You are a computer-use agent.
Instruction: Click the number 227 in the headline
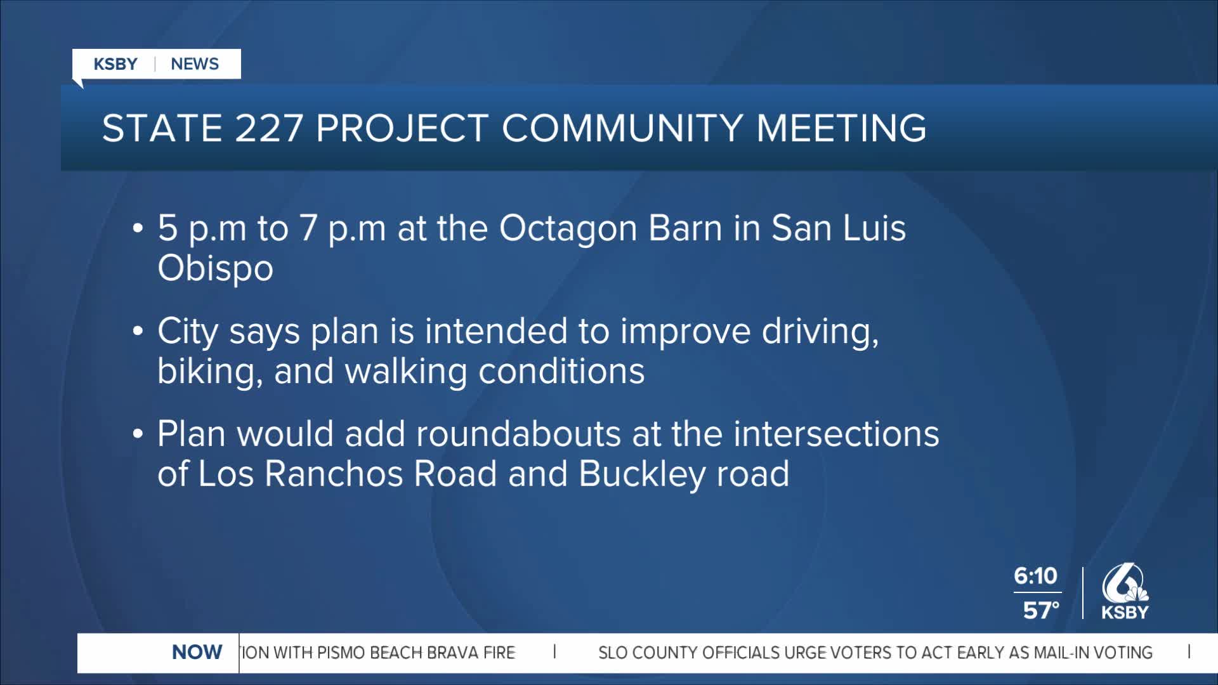click(x=269, y=128)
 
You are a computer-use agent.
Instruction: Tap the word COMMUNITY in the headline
click(x=622, y=128)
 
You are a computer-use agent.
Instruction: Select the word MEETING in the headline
click(x=841, y=128)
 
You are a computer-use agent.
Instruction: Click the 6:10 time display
click(x=1036, y=576)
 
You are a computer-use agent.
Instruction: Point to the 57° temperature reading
click(x=1041, y=610)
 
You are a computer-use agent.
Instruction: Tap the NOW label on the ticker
click(x=197, y=652)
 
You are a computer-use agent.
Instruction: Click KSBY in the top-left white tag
click(x=115, y=64)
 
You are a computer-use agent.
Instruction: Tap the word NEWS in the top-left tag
click(x=195, y=64)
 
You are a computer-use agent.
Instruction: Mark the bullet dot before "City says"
click(x=138, y=332)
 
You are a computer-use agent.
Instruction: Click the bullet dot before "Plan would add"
click(x=138, y=434)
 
